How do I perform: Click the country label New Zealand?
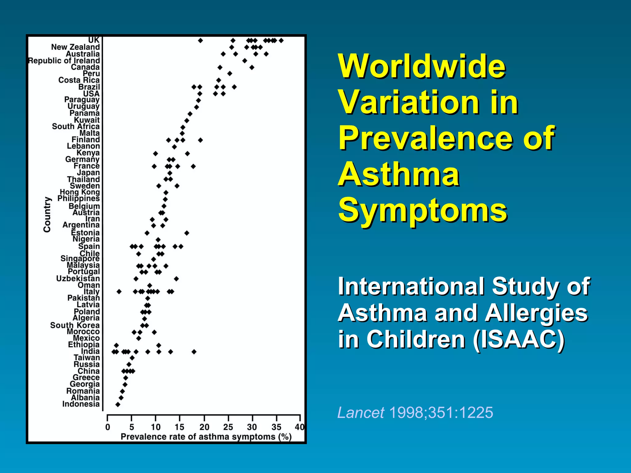[x=75, y=47]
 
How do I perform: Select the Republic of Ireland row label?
[x=64, y=61]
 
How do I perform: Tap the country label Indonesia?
[x=81, y=404]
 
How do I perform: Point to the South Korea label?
[x=75, y=325]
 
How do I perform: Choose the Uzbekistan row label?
[x=78, y=279]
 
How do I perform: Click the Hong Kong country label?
[x=80, y=192]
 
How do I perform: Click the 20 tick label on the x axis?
[x=204, y=427]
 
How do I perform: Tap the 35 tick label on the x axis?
[x=276, y=427]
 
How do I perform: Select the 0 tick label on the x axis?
[x=108, y=427]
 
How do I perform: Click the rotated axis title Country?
[x=47, y=214]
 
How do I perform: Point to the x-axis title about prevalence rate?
[x=206, y=437]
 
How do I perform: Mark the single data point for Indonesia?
[x=118, y=404]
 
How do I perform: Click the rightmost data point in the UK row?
[x=281, y=41]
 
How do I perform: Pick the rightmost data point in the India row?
[x=194, y=352]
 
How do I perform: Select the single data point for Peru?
[x=230, y=74]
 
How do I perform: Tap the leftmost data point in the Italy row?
[x=119, y=291]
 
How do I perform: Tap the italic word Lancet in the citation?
[x=361, y=413]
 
